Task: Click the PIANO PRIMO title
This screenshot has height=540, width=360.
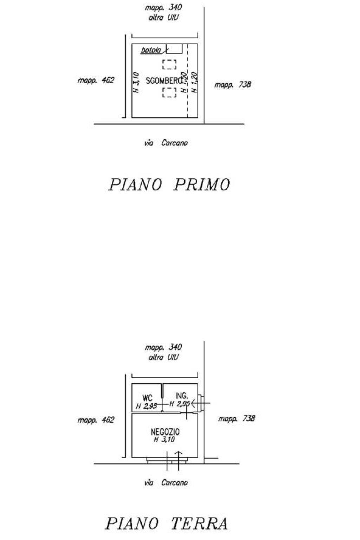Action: coord(169,185)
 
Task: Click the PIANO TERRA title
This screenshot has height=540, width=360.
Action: coord(166,523)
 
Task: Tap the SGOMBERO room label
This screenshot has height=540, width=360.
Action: coord(164,81)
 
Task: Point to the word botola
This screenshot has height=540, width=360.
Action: coord(151,50)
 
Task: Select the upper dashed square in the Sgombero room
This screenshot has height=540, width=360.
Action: coord(169,65)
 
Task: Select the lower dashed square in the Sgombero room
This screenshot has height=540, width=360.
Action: coord(169,92)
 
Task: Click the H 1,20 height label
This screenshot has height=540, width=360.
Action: coord(195,83)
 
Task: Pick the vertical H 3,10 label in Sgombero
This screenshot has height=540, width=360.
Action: coord(137,83)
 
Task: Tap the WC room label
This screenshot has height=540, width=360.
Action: coord(147,398)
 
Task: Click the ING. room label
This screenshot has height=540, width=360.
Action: coord(181,396)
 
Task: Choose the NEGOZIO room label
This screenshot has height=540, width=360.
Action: coord(165,432)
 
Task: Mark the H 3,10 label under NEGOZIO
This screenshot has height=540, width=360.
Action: coord(164,439)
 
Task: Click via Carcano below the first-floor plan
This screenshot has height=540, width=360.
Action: coord(166,143)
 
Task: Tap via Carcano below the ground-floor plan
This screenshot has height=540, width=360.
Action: coord(166,483)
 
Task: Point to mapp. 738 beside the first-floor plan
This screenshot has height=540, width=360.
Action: coord(233,85)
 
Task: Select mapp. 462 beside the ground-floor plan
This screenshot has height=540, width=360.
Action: coord(96,420)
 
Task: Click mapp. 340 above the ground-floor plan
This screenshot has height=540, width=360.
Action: coord(163,348)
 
